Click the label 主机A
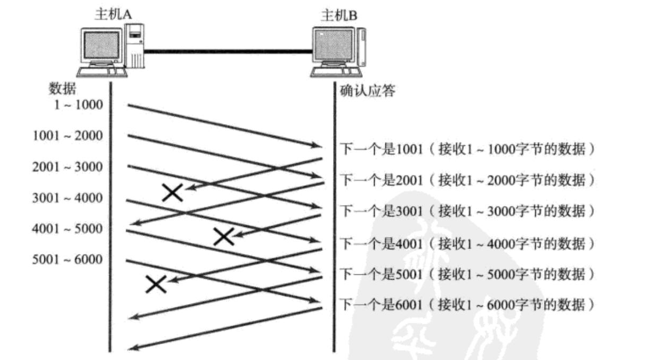click(112, 14)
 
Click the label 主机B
click(339, 15)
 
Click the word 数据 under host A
click(62, 88)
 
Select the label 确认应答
click(368, 91)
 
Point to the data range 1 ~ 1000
click(78, 104)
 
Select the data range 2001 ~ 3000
click(68, 167)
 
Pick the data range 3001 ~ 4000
click(68, 198)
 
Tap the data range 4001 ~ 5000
click(68, 229)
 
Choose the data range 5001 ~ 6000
click(68, 260)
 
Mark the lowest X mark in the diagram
click(156, 284)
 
